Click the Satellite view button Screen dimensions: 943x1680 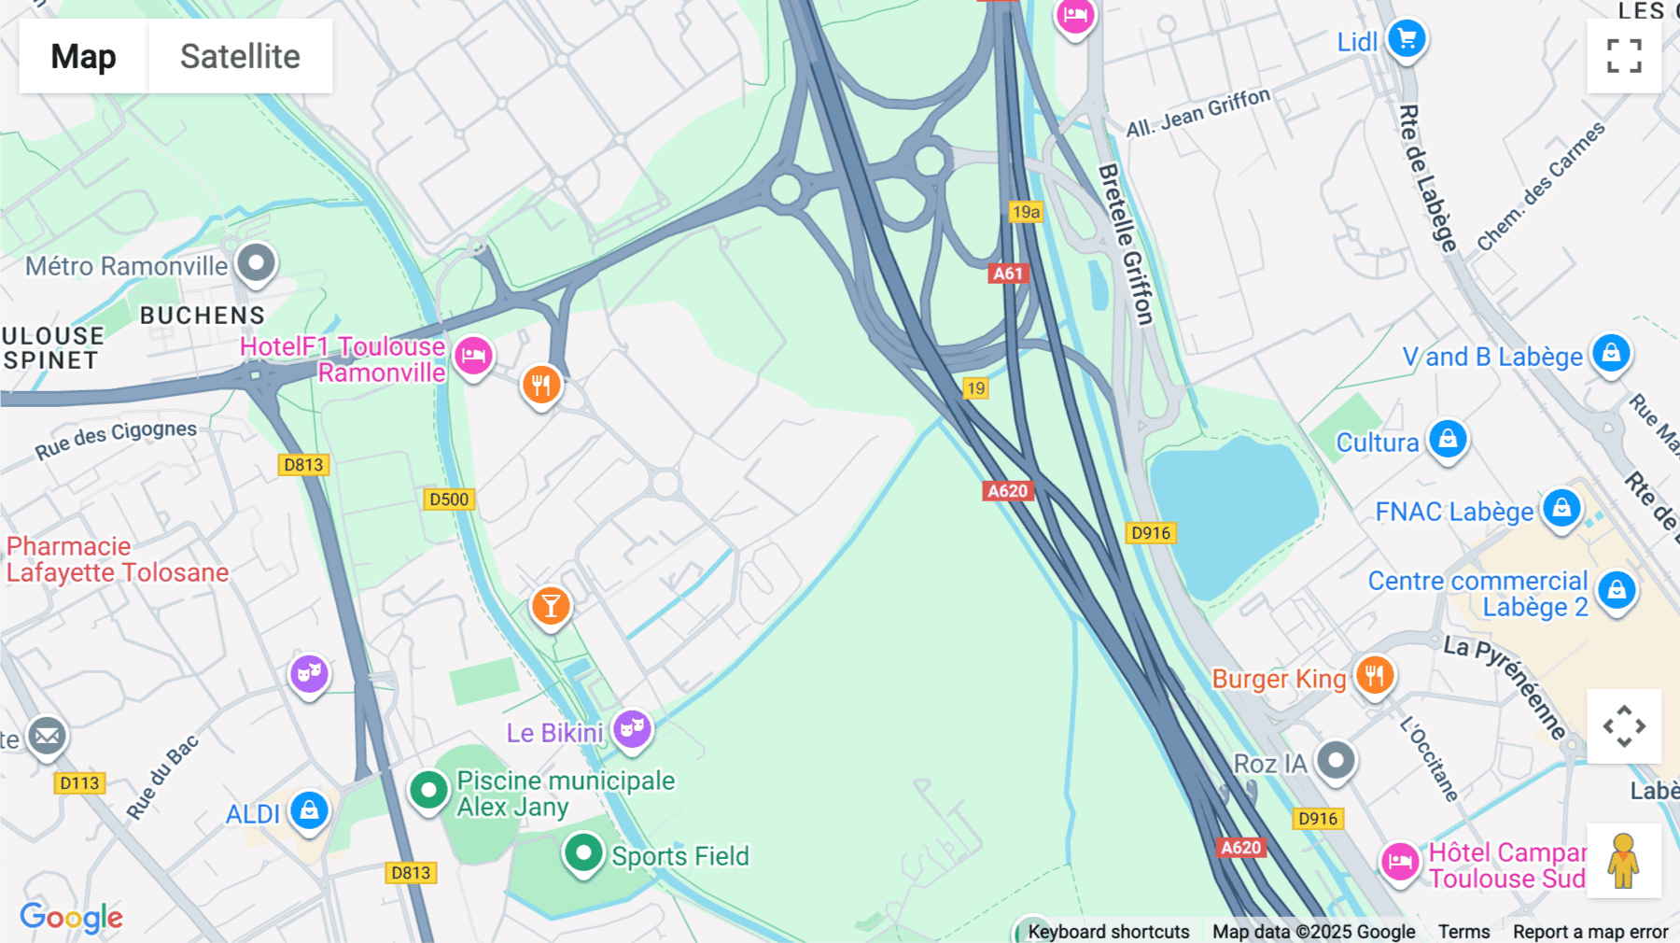[x=240, y=56]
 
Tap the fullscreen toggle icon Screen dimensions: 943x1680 [x=1624, y=56]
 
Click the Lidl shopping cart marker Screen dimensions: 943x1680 [x=1407, y=39]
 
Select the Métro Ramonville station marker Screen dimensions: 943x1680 [x=256, y=262]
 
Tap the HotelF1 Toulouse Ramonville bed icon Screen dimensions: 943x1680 [x=473, y=356]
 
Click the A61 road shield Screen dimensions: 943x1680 [x=1008, y=274]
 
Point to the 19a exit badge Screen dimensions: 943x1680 [x=1026, y=212]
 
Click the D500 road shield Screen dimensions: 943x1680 [x=449, y=500]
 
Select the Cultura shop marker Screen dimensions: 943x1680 [x=1448, y=438]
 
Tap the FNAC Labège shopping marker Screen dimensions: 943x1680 [x=1561, y=508]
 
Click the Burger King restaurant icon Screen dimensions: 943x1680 [x=1374, y=674]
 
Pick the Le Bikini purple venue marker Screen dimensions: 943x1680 [x=632, y=728]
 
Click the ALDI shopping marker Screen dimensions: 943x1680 [x=309, y=809]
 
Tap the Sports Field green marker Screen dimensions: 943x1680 [x=583, y=852]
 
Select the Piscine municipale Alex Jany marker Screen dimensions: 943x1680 [x=428, y=790]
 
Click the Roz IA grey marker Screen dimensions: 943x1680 [x=1336, y=760]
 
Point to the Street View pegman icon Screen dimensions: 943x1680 [x=1624, y=861]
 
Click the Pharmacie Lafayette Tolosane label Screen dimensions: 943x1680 [x=118, y=559]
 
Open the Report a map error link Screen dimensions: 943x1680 [x=1590, y=932]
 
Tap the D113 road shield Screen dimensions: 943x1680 [x=79, y=783]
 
